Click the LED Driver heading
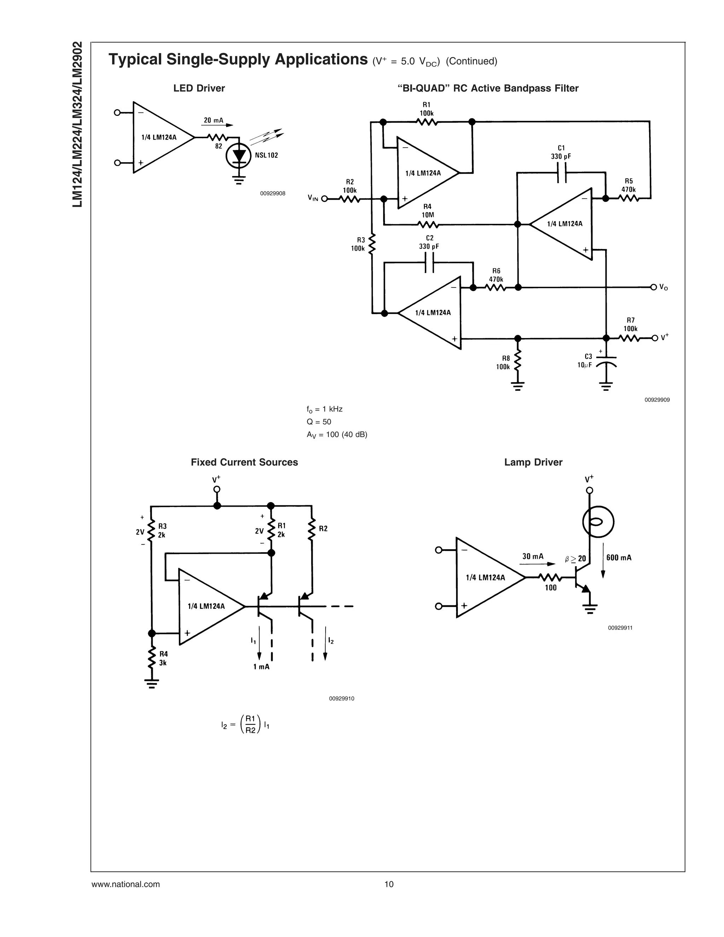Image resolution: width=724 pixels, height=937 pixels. tap(199, 88)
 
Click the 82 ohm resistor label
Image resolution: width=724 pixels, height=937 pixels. tap(219, 146)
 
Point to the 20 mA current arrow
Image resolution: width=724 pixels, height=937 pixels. tap(217, 124)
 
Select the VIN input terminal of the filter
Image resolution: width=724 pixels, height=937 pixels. tap(324, 199)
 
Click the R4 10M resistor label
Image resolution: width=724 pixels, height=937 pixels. tap(427, 211)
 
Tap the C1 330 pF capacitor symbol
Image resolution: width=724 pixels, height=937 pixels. tap(561, 173)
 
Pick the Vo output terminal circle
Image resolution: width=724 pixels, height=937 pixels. tap(653, 287)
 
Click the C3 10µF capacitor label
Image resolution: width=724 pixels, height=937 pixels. tap(585, 361)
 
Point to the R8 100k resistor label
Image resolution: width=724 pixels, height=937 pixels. tap(503, 362)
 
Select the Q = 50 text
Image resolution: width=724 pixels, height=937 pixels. tap(319, 422)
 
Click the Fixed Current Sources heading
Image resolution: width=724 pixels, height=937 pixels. tap(244, 462)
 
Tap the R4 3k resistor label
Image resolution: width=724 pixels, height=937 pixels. tap(163, 658)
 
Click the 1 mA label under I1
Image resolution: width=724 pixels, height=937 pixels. tap(261, 667)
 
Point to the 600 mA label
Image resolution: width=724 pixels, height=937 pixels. tap(619, 558)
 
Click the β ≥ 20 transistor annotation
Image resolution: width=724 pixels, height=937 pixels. tap(576, 559)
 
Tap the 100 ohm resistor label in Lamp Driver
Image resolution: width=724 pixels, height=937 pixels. tap(550, 588)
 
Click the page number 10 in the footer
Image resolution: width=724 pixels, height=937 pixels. tap(389, 884)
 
